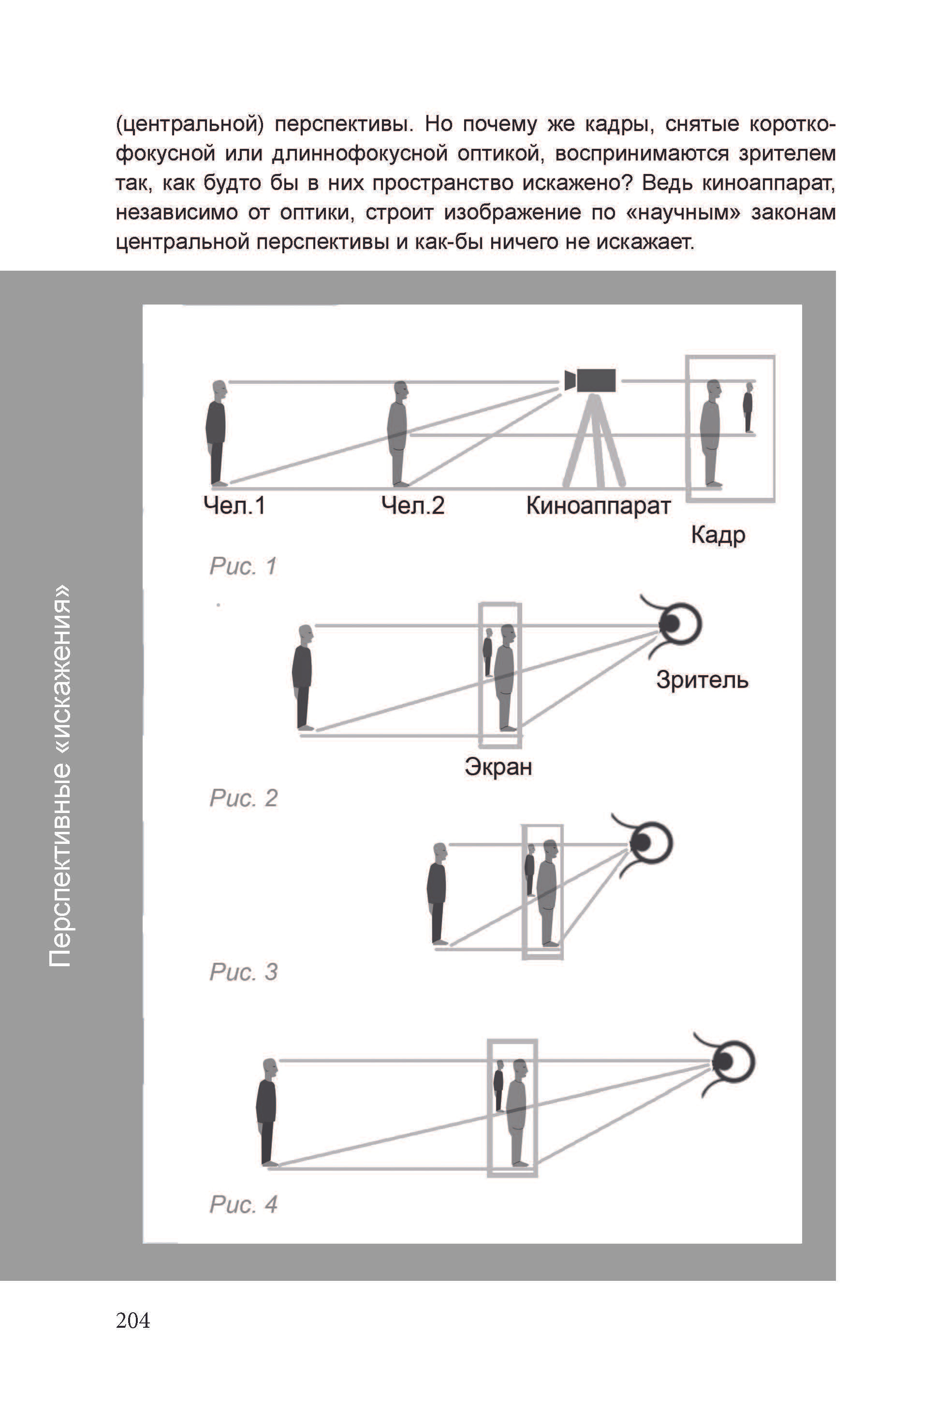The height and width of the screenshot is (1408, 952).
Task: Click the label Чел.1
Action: coord(234,505)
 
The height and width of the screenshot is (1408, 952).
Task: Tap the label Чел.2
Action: coord(413,505)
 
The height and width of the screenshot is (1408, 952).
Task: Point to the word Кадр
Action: coord(718,536)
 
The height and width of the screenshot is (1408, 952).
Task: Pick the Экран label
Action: coord(498,768)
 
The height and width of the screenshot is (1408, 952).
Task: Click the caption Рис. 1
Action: coord(243,566)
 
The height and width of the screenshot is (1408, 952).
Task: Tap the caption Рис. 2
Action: coord(244,798)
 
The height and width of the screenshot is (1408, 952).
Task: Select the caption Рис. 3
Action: coord(244,973)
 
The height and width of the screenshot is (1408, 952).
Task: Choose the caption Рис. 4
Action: coord(244,1205)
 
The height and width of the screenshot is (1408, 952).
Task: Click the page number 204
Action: coord(132,1320)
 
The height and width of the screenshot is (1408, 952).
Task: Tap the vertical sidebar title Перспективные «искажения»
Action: coord(60,775)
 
